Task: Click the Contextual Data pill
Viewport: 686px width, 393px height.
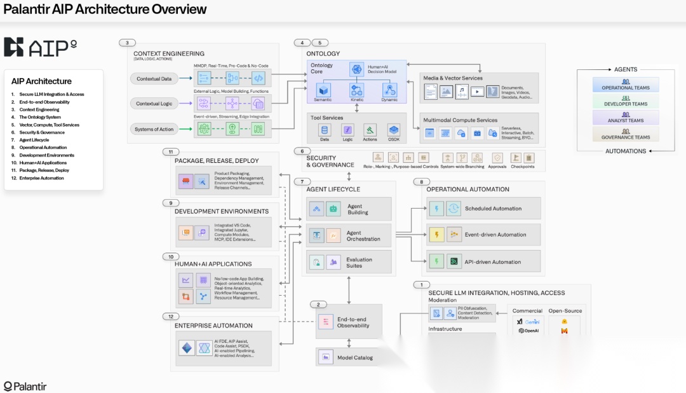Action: click(154, 79)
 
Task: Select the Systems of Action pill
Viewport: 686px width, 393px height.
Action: click(154, 129)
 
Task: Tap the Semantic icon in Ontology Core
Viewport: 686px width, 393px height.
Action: click(323, 90)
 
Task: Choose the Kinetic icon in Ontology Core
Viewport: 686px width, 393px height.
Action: click(357, 90)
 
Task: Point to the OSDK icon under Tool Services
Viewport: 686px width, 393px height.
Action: click(394, 130)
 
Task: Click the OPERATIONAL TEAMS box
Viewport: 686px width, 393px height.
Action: click(626, 85)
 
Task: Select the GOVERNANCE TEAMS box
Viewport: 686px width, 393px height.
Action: click(626, 134)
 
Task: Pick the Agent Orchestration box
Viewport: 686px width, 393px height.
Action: click(349, 235)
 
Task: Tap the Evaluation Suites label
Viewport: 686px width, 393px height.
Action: click(360, 263)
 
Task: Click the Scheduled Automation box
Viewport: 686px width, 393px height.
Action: click(483, 209)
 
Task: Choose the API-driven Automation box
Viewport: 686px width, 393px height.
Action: click(483, 261)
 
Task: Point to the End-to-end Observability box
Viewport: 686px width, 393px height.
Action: click(349, 322)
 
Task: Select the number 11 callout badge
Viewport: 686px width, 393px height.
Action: click(171, 152)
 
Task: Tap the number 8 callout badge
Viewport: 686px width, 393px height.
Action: click(421, 182)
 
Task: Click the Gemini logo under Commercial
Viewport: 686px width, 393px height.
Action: click(528, 322)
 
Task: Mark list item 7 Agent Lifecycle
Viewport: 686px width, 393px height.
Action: click(34, 140)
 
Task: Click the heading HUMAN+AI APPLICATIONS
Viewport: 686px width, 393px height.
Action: click(213, 264)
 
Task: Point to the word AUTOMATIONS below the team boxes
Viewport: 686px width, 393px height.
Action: click(626, 151)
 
